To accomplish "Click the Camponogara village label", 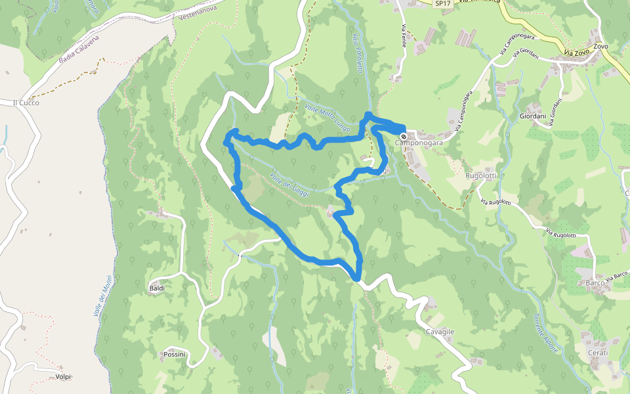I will coord(419,142).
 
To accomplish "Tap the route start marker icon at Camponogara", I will coord(403,135).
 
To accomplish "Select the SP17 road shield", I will coord(444,4).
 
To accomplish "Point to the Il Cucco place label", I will coord(26,103).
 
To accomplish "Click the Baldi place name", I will coord(157,288).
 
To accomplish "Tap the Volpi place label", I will coord(63,377).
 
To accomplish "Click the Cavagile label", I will coord(440,332).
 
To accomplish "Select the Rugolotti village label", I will coord(480,176).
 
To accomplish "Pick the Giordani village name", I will coord(533,116).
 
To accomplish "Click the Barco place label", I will coord(595,283).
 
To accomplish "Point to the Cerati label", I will coord(598,353).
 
